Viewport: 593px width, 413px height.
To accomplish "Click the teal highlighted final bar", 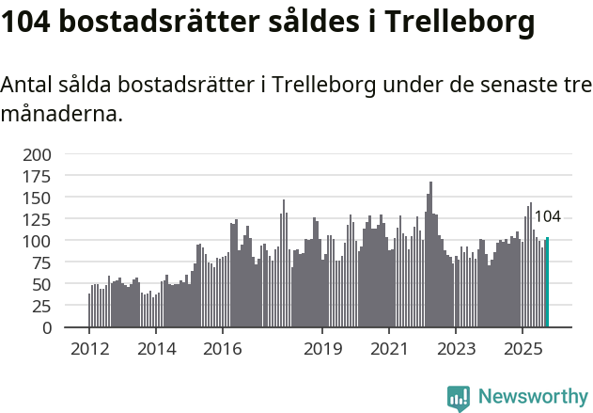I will (x=547, y=283).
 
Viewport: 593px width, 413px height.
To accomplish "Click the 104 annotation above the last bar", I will (x=547, y=216).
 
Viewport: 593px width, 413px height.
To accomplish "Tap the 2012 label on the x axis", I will (x=89, y=349).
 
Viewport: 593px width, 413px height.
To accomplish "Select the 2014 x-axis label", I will (x=156, y=349).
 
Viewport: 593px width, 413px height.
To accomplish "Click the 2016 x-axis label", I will (x=222, y=349).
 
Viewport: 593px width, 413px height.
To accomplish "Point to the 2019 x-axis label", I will (x=322, y=349).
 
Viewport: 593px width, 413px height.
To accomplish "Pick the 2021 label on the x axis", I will (x=389, y=349).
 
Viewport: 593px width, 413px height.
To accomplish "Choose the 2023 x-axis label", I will (x=456, y=349).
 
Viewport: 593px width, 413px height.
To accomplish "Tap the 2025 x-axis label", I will (x=522, y=349).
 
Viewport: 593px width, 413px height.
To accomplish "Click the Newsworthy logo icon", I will (x=459, y=398).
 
